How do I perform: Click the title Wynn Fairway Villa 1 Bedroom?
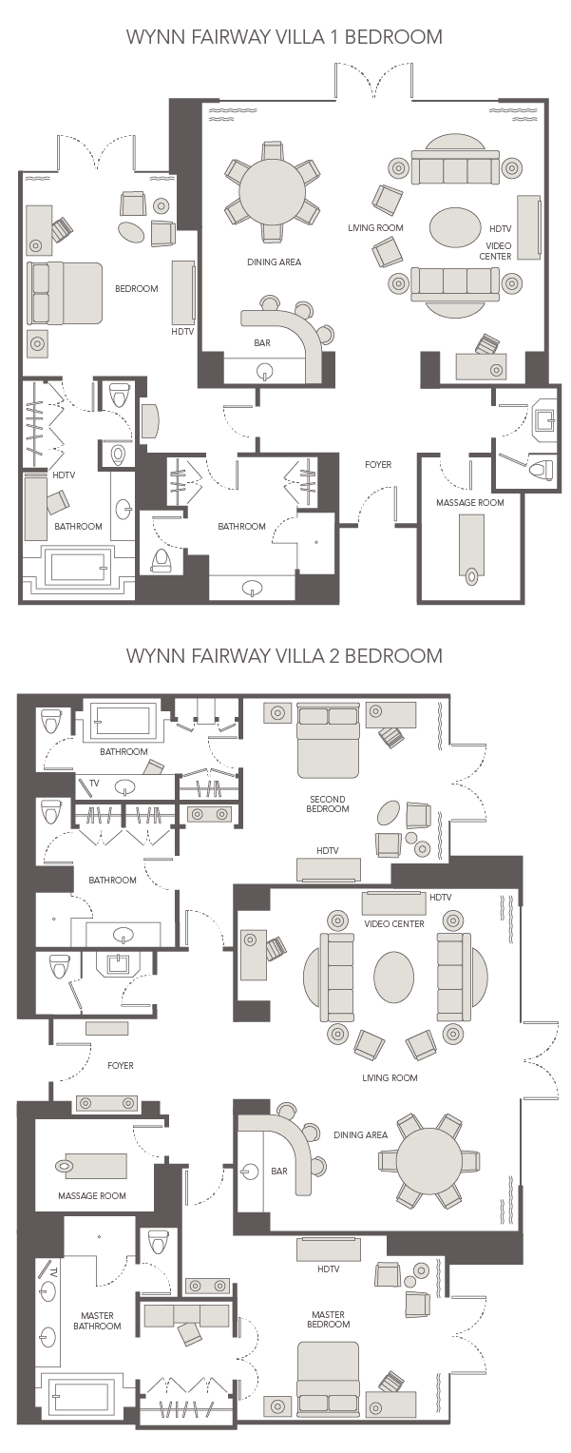285,37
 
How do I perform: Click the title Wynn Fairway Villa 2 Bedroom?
285,655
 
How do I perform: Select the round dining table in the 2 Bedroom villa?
428,1160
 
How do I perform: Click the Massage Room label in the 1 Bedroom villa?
469,502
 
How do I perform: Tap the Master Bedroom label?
328,1319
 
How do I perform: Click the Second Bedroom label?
327,804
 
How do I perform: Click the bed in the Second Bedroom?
328,741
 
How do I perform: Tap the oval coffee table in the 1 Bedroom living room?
455,227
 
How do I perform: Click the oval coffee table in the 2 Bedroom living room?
393,977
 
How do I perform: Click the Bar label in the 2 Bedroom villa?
278,1171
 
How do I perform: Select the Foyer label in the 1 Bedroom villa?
378,464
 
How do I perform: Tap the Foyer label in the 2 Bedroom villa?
120,1066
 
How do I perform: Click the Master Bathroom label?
97,1320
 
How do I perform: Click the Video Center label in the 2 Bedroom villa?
393,923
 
